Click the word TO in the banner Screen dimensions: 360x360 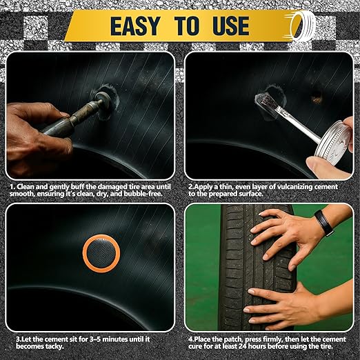click(x=184, y=26)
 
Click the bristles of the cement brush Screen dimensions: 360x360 click(x=263, y=103)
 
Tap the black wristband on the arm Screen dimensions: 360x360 click(x=323, y=223)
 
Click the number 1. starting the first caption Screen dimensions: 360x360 click(x=12, y=186)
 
